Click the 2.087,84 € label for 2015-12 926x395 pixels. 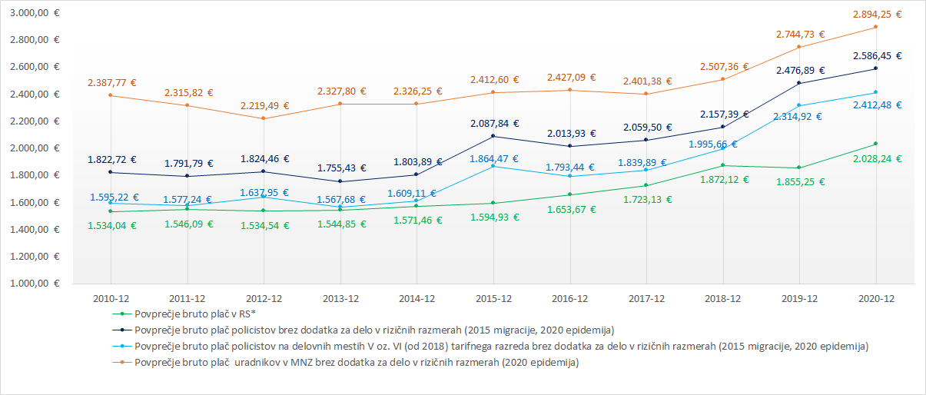(x=493, y=122)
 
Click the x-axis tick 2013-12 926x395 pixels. (x=340, y=298)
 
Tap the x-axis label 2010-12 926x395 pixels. (x=111, y=298)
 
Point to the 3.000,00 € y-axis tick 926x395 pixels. (x=34, y=13)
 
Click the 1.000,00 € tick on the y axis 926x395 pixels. (x=34, y=284)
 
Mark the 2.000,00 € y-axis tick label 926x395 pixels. (x=34, y=148)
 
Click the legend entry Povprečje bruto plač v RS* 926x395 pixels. (x=195, y=314)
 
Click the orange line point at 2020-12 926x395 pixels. (x=875, y=27)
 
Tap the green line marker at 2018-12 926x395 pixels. (x=722, y=165)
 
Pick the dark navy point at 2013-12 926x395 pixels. (x=340, y=181)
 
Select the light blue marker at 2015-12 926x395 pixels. (x=493, y=166)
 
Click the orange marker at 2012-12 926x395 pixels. (x=264, y=118)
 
